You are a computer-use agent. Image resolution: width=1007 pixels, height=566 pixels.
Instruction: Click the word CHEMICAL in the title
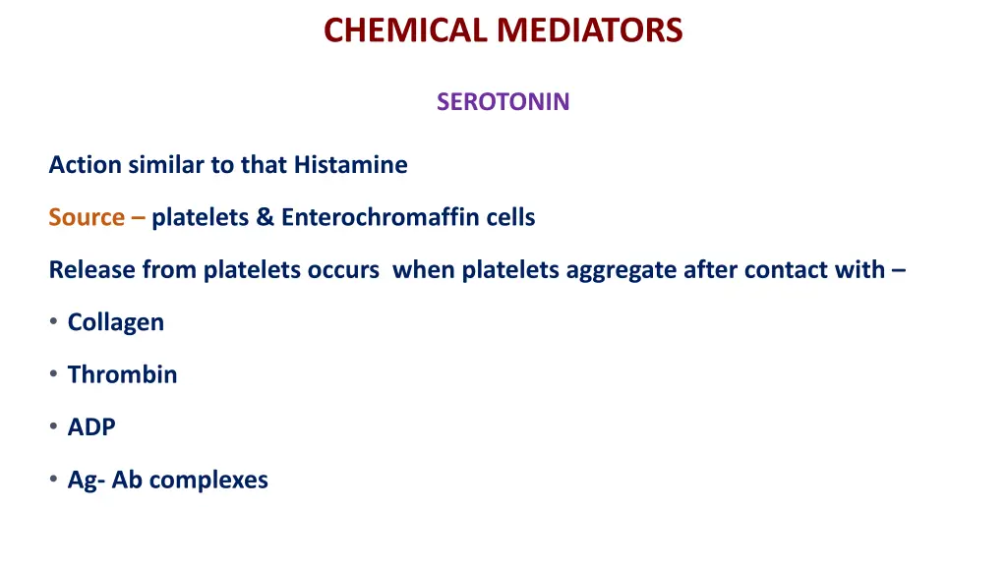(x=403, y=30)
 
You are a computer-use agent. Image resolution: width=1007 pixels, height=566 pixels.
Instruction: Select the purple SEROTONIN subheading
(x=503, y=102)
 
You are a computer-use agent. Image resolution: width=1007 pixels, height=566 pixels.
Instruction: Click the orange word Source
(x=87, y=217)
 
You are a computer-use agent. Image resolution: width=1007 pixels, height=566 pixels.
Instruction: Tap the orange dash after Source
(x=138, y=217)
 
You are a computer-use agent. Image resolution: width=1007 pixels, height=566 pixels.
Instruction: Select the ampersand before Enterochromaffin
(x=265, y=217)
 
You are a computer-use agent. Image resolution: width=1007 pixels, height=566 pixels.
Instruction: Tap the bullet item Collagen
(x=115, y=322)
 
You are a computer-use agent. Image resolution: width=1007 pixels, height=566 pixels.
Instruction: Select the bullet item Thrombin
(x=122, y=374)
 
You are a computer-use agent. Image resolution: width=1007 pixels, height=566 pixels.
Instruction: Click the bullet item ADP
(x=91, y=427)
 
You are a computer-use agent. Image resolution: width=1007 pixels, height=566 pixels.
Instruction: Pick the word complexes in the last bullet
(x=208, y=480)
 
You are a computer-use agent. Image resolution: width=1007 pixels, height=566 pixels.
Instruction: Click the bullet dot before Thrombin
(x=53, y=374)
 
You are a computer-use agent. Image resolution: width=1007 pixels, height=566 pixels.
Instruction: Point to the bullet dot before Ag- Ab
(x=53, y=480)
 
